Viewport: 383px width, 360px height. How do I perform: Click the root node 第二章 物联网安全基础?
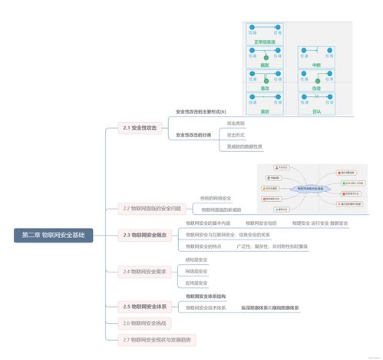coord(53,235)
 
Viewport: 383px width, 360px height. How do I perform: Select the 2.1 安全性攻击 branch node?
coord(139,127)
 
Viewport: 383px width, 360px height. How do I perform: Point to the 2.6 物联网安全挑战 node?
coord(144,323)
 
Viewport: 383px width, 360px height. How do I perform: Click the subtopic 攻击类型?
coord(236,123)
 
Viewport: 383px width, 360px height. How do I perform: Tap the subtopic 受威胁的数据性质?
coord(244,146)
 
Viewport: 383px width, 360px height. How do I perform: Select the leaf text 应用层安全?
coord(196,282)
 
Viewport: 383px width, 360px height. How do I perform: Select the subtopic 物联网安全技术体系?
coord(206,308)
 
